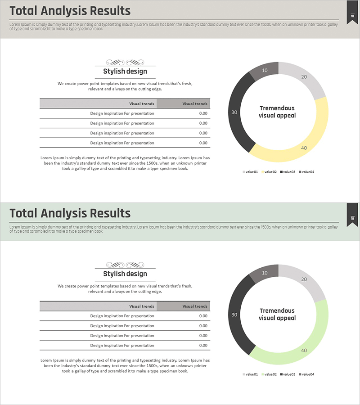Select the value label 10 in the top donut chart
point(265,70)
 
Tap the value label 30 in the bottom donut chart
point(234,315)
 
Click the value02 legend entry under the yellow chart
point(269,172)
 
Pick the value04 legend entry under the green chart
point(306,374)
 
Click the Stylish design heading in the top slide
point(125,71)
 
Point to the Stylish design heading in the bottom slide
point(125,274)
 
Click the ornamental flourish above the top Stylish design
point(125,63)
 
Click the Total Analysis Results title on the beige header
point(70,11)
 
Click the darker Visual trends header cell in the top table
point(184,103)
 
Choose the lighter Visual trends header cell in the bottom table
point(98,306)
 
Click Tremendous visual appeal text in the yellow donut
point(277,112)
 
